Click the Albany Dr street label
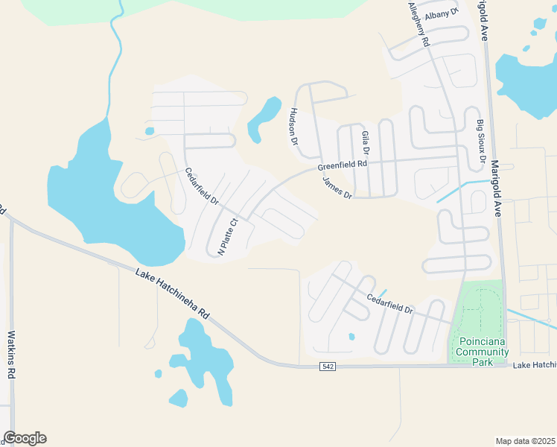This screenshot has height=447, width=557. click(442, 15)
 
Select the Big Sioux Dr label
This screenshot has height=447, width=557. click(481, 142)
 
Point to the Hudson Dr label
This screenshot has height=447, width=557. click(293, 126)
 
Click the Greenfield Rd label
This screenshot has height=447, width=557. click(343, 165)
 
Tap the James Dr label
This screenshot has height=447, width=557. click(337, 188)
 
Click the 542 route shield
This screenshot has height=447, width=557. click(328, 367)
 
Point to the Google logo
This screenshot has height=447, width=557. click(25, 438)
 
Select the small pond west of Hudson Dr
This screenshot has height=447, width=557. click(264, 118)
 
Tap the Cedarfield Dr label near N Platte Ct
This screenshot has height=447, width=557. click(201, 186)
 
